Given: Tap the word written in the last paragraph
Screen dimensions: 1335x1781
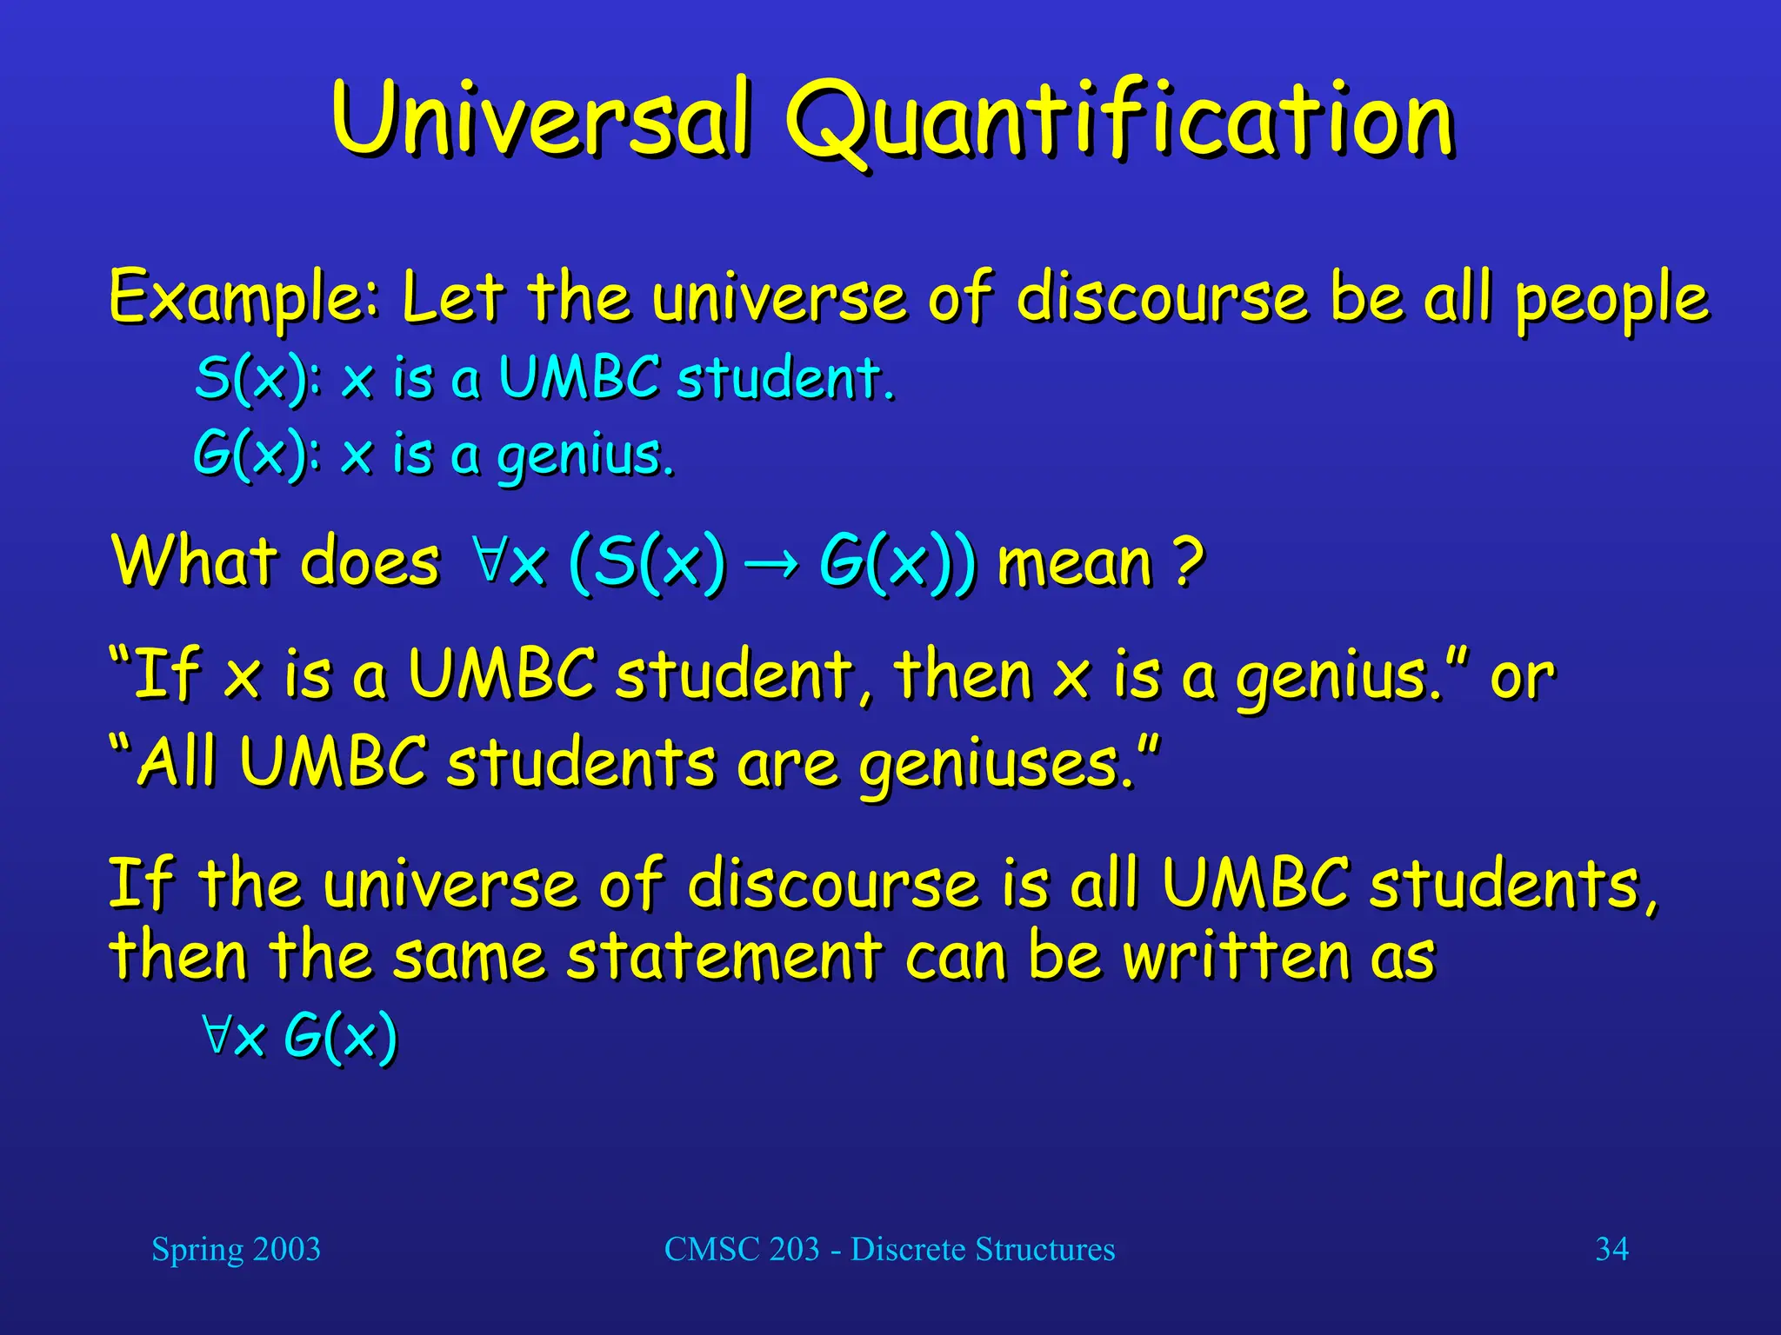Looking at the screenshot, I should point(1236,956).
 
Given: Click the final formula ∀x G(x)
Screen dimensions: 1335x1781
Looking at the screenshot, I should point(299,1036).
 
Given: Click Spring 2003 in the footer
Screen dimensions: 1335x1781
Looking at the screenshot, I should point(236,1249).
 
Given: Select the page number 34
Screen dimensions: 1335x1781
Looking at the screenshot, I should point(1611,1249).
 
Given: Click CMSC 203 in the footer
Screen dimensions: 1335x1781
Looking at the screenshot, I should point(742,1249).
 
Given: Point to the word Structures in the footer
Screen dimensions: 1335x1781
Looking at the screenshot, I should point(1044,1249).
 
